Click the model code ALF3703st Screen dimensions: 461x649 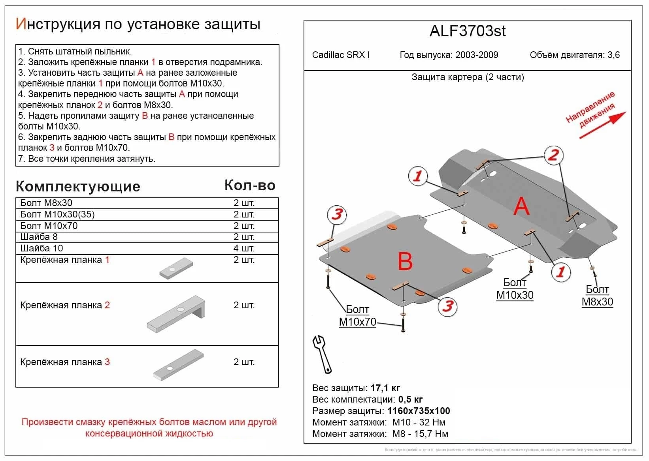point(467,31)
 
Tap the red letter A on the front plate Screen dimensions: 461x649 point(521,206)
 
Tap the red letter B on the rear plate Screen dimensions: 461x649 point(405,261)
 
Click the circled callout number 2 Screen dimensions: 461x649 point(553,155)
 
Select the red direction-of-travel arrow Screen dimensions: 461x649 point(603,125)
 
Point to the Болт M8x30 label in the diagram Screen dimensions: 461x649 point(597,296)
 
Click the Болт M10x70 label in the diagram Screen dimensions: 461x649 point(357,316)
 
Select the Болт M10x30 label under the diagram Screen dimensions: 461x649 point(515,289)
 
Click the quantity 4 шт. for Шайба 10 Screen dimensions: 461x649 point(244,248)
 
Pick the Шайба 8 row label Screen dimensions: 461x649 point(39,237)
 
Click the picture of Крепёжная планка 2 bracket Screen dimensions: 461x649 point(177,313)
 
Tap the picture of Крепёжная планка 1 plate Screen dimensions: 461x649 point(176,269)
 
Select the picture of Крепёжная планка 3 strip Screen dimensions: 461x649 point(178,365)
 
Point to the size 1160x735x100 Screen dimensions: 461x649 point(419,411)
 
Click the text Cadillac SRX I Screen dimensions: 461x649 point(341,55)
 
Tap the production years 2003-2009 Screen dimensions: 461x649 point(477,55)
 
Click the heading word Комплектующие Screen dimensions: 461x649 point(78,186)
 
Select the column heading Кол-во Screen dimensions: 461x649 point(250,185)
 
